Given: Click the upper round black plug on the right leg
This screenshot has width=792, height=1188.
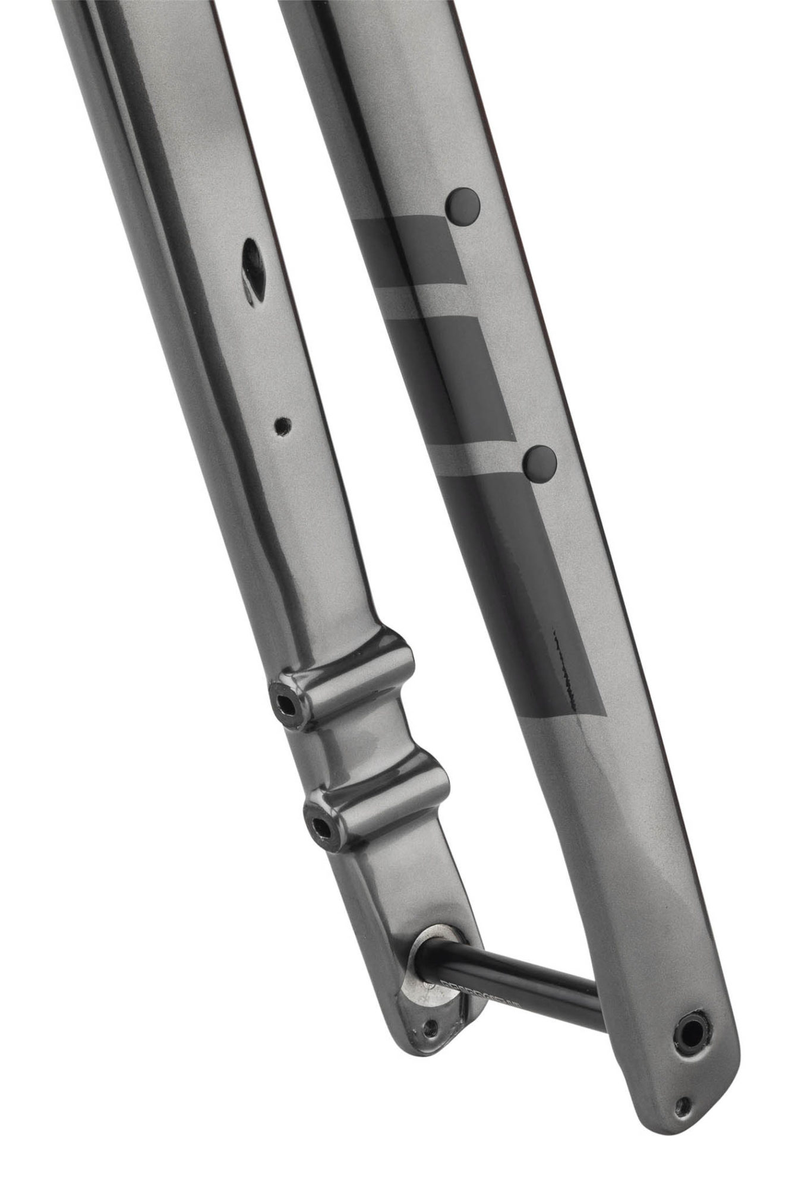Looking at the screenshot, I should click(463, 206).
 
